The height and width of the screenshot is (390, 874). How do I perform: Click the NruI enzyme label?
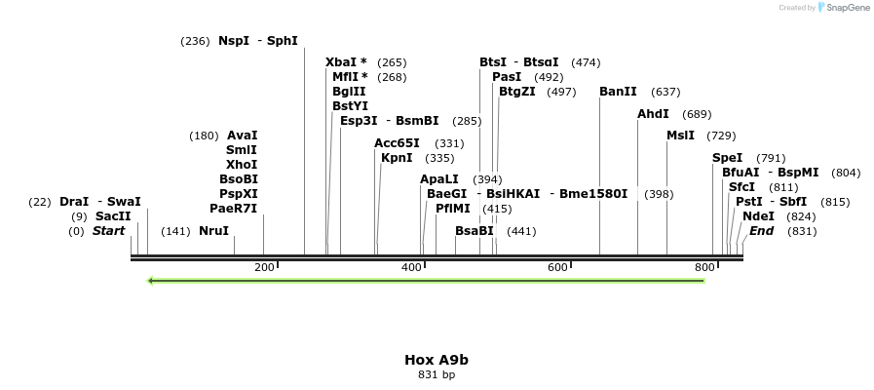213,231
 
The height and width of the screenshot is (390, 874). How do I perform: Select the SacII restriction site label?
113,216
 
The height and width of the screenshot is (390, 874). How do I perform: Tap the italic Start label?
108,231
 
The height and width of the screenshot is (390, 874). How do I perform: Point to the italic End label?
761,231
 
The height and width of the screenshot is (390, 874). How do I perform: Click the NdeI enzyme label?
758,216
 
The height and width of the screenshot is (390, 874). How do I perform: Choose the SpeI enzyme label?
727,158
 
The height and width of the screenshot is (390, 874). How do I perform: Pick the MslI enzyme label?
680,136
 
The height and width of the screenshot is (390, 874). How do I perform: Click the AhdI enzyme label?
653,114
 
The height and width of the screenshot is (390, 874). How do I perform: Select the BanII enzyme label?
618,92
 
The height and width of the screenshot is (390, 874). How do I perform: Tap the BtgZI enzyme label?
516,92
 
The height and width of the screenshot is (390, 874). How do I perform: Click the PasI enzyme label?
507,77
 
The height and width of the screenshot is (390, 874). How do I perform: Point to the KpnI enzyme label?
397,158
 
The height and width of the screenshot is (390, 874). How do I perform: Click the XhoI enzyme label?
242,165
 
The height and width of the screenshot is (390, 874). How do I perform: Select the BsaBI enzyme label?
475,231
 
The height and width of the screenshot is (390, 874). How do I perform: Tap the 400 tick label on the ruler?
411,267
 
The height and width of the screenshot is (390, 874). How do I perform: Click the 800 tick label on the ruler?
704,267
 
